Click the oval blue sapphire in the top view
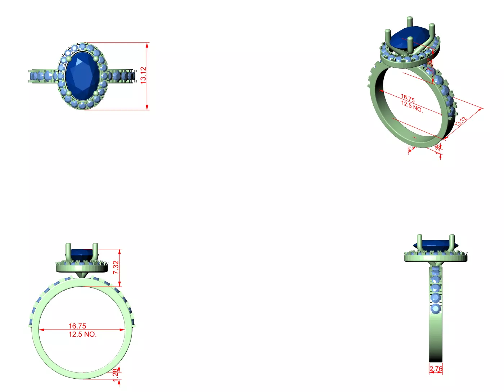pyautogui.click(x=82, y=76)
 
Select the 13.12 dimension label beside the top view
pyautogui.click(x=143, y=76)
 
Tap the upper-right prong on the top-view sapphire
pyautogui.click(x=96, y=59)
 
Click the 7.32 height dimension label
pyautogui.click(x=116, y=267)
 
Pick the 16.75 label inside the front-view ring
pyautogui.click(x=77, y=326)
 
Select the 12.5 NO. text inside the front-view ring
pyautogui.click(x=82, y=334)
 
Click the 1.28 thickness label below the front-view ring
pyautogui.click(x=116, y=375)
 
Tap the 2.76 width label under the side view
pyautogui.click(x=436, y=369)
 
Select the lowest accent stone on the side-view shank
pyautogui.click(x=436, y=309)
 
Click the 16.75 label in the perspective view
pyautogui.click(x=408, y=98)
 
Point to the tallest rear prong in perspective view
pyautogui.click(x=409, y=22)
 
